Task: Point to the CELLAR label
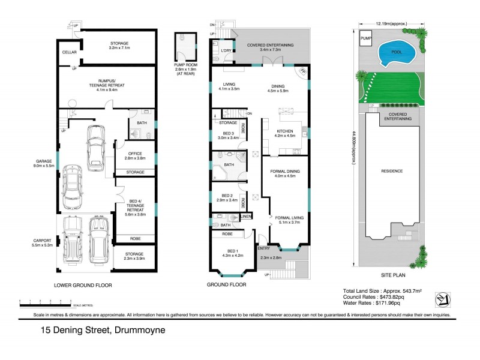[x=69, y=53]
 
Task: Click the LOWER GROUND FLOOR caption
[x=83, y=286]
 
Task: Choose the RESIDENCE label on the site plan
[x=392, y=171]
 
